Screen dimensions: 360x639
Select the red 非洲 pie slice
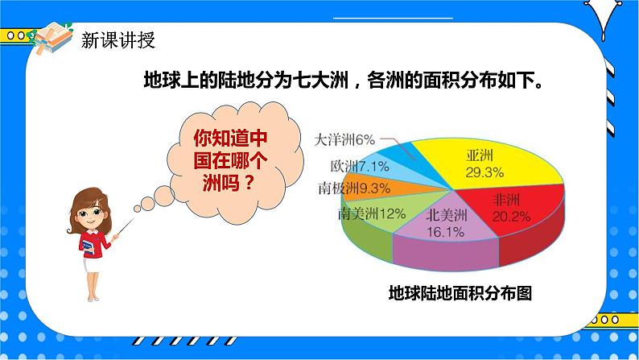(x=515, y=213)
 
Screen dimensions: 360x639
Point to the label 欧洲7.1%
(x=360, y=167)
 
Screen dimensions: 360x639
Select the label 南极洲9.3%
(x=354, y=188)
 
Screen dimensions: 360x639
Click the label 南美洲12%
(x=371, y=214)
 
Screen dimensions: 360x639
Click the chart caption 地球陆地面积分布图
(x=460, y=292)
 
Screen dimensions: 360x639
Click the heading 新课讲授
(x=118, y=40)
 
